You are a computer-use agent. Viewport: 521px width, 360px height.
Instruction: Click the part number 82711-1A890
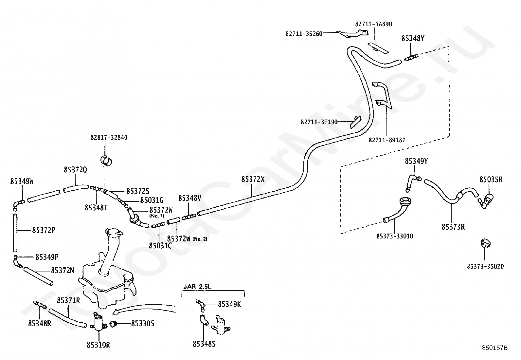[x=373, y=24]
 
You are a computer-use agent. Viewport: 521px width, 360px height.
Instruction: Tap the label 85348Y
[x=413, y=38]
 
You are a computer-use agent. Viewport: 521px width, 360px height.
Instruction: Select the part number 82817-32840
[x=109, y=138]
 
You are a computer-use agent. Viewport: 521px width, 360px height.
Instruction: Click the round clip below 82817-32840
[x=106, y=161]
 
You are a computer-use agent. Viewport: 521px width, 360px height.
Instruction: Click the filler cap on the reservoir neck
[x=114, y=233]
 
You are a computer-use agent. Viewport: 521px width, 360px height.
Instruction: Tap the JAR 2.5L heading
[x=197, y=286]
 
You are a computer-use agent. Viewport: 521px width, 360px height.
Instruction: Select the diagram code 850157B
[x=495, y=348]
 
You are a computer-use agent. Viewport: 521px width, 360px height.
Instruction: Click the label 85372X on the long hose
[x=253, y=179]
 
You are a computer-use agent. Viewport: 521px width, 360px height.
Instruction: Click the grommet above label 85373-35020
[x=485, y=243]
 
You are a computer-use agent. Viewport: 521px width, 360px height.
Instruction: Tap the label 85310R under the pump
[x=98, y=345]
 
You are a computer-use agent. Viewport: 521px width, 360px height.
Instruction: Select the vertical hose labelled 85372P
[x=15, y=233]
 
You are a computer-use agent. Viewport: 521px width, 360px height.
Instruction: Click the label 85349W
[x=22, y=181]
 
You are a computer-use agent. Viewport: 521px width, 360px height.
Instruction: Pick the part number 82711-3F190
[x=319, y=122]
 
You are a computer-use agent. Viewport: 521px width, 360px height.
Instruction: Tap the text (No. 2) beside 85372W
[x=200, y=239]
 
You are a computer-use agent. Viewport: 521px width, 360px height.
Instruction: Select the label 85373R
[x=453, y=227]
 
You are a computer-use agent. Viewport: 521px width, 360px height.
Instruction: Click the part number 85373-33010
[x=395, y=237]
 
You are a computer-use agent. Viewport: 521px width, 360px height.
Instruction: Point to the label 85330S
[x=143, y=324]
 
